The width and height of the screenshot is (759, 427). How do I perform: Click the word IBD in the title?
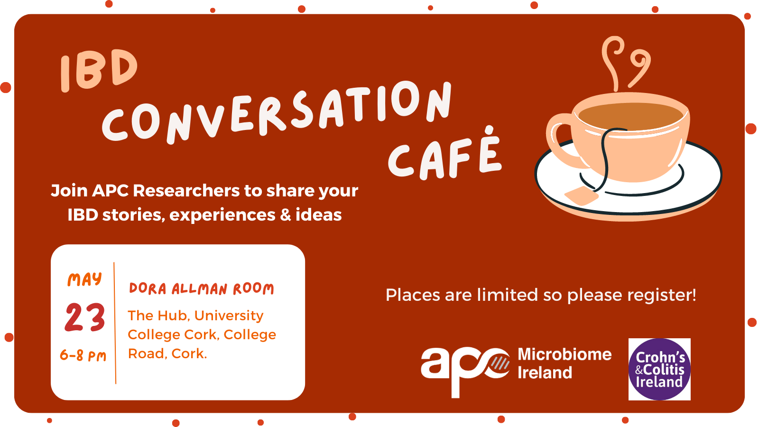[99, 70]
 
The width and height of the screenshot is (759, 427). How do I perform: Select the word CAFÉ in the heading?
[444, 155]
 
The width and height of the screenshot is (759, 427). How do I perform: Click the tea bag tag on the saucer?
[581, 195]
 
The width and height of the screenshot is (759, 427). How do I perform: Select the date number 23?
[85, 317]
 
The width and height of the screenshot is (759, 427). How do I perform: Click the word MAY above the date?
[85, 279]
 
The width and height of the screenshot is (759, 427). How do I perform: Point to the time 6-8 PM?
[83, 355]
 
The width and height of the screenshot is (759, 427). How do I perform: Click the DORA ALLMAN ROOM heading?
[201, 289]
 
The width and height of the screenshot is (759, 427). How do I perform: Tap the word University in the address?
[229, 316]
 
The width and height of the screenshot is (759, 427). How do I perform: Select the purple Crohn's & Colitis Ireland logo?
[659, 369]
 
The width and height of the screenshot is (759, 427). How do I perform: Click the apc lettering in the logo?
[465, 370]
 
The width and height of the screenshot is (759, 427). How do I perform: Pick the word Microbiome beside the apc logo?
[565, 354]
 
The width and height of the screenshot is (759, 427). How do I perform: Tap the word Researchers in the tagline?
[186, 190]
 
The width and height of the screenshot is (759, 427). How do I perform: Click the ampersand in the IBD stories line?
[286, 215]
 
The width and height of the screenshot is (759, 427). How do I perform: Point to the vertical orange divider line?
[115, 323]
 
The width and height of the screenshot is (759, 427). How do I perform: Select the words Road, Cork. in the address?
[167, 354]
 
